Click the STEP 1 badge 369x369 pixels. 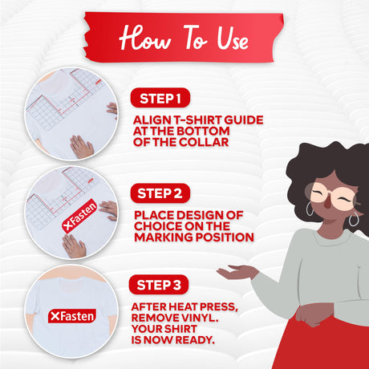pyautogui.click(x=160, y=98)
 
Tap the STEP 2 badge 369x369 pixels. pyautogui.click(x=160, y=193)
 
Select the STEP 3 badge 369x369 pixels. pyautogui.click(x=159, y=285)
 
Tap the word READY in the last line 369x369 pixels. pyautogui.click(x=195, y=340)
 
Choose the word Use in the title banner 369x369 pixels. pyautogui.click(x=233, y=39)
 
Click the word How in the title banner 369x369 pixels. pyautogui.click(x=145, y=38)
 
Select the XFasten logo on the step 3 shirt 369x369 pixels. pyautogui.click(x=72, y=316)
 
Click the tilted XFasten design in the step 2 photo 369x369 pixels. pyautogui.click(x=79, y=216)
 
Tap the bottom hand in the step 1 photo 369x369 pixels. pyautogui.click(x=81, y=147)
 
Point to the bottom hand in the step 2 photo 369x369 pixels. pyautogui.click(x=74, y=246)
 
